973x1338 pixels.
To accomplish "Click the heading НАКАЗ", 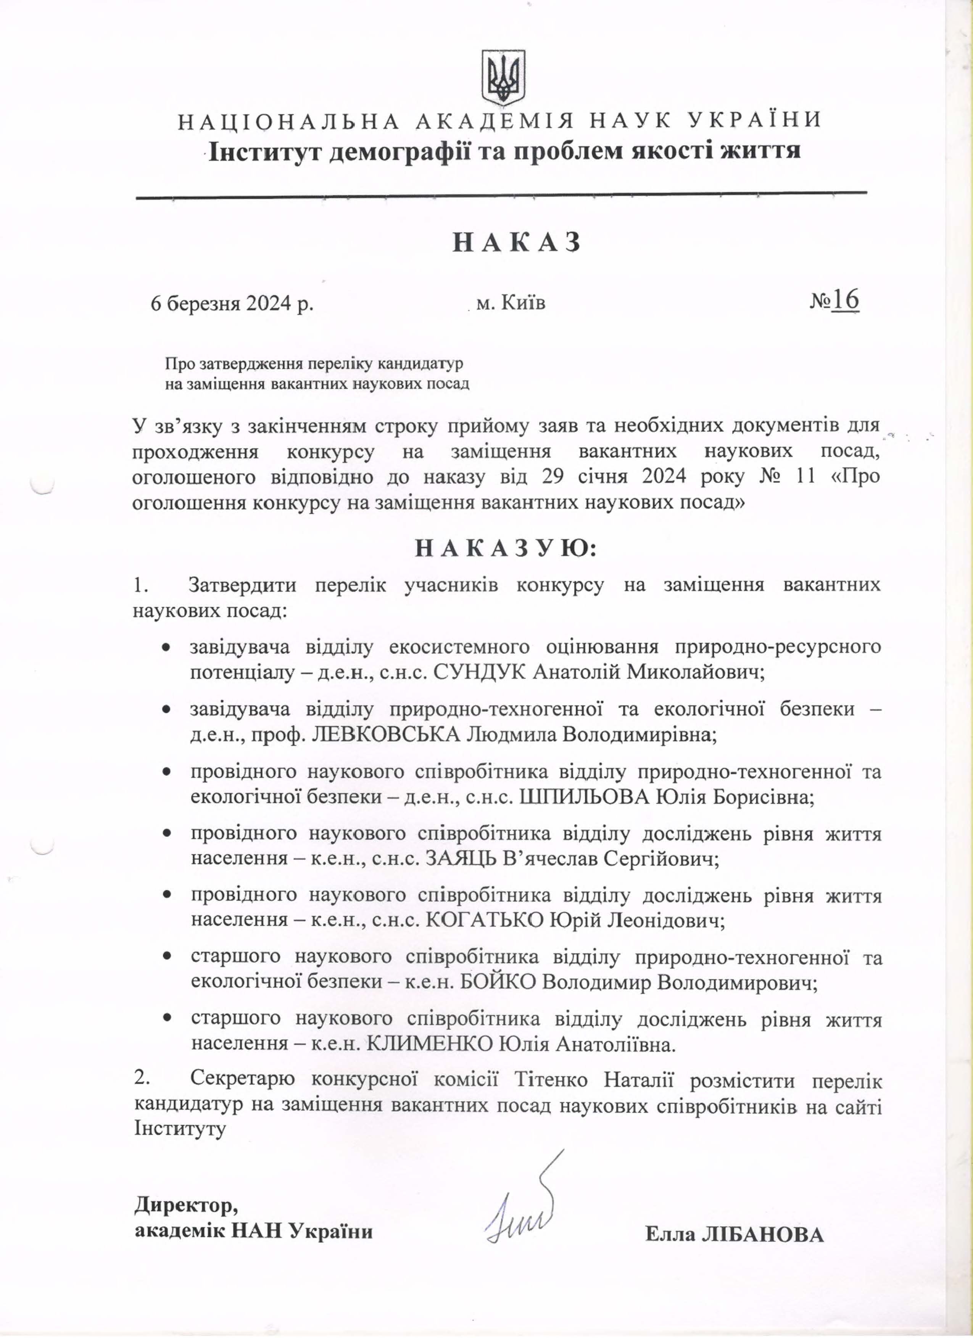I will (517, 243).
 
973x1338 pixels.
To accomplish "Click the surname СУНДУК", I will (480, 672).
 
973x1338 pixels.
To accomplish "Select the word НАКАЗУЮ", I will (506, 549).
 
